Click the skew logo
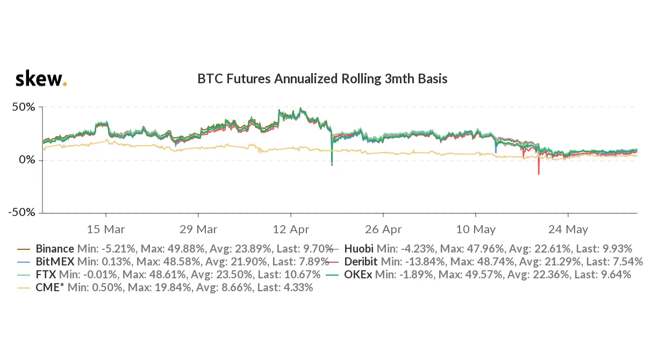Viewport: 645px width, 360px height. (x=41, y=79)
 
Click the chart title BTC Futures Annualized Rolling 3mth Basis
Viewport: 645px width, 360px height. (x=322, y=79)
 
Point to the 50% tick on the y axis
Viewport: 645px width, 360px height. (x=24, y=107)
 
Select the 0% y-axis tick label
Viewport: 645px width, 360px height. (x=27, y=160)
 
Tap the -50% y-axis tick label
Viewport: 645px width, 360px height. (x=21, y=212)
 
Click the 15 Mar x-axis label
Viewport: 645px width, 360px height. (x=106, y=229)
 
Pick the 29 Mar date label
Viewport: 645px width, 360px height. (x=198, y=229)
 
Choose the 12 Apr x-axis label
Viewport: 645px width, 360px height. (x=291, y=229)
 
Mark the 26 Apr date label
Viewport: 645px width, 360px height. (x=383, y=229)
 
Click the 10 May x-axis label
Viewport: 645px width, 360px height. (x=476, y=229)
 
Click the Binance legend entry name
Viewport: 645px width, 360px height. (x=54, y=249)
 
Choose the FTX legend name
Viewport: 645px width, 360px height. (x=45, y=275)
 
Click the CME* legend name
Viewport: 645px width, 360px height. (x=47, y=287)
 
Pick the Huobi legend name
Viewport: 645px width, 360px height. (x=359, y=249)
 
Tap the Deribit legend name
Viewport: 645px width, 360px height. (x=362, y=262)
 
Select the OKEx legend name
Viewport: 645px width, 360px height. (x=358, y=275)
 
